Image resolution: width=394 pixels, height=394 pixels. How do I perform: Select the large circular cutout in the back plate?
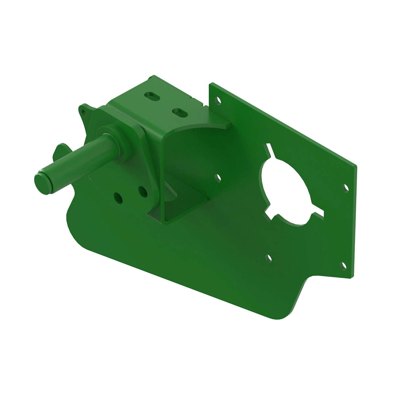coord(286,190)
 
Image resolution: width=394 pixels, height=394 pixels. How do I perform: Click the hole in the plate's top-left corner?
coord(218,100)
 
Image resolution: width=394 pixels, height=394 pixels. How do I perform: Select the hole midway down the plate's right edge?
coord(346,188)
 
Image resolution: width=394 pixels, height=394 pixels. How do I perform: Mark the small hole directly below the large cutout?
coord(270,258)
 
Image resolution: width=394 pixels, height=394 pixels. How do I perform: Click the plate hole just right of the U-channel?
coord(217,178)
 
